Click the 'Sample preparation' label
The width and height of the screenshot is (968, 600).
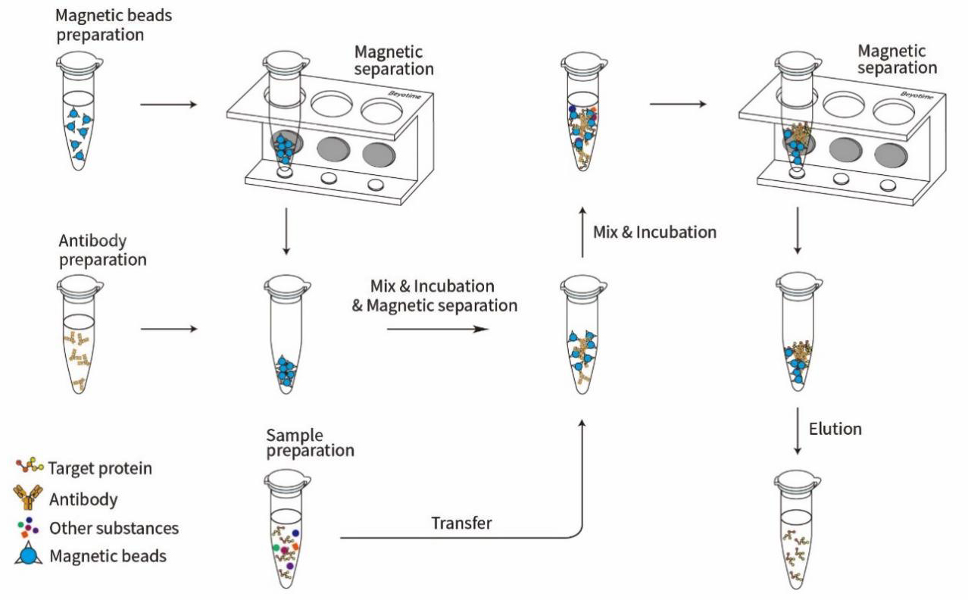click(311, 442)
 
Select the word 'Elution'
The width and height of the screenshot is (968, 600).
click(835, 429)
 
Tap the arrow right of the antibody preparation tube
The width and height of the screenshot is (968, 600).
click(169, 329)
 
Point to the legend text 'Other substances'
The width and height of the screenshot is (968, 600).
click(114, 528)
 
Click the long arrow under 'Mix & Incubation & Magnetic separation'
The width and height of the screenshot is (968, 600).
click(436, 329)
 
